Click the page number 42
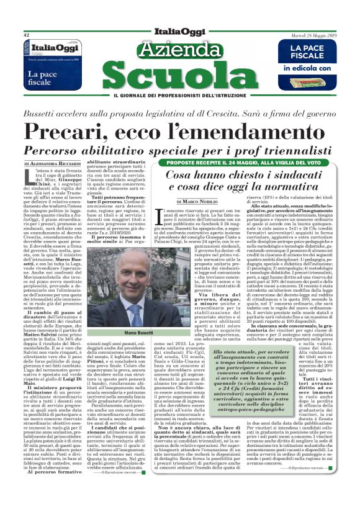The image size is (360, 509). (27, 35)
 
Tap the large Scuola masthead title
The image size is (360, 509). (179, 76)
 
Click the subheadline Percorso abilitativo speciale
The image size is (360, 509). (179, 151)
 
